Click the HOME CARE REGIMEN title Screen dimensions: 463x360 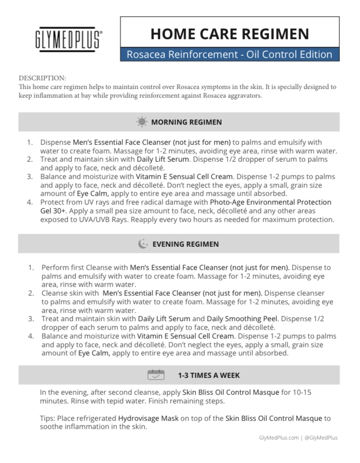229,33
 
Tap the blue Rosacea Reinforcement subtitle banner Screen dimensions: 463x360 229,54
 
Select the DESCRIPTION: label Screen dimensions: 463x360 42,78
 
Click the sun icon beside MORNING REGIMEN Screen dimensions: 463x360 142,122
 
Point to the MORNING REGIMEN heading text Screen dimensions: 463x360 186,122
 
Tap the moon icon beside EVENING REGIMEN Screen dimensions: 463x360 143,244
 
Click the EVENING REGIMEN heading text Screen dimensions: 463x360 185,244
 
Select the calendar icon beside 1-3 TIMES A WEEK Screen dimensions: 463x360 156,375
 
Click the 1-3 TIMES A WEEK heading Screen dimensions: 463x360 209,375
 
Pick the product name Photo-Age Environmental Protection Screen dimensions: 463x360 271,202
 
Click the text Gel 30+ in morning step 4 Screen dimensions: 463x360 53,210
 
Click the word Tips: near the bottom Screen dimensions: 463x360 48,418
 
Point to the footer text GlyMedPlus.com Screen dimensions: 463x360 278,437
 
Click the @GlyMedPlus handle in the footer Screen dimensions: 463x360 321,437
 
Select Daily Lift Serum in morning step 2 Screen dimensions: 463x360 162,160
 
